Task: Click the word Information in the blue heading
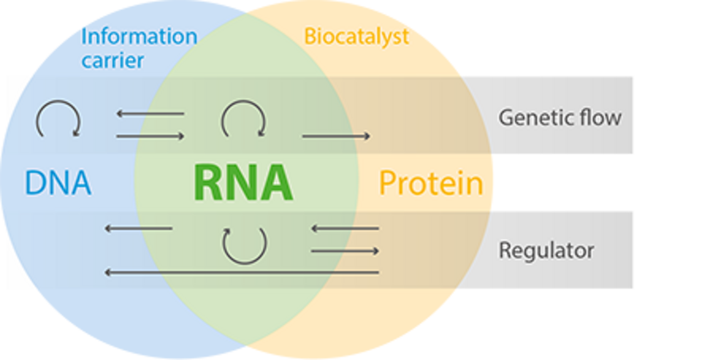[x=139, y=36]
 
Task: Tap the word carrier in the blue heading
[x=113, y=60]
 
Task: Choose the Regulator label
[x=546, y=251]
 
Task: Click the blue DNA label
[x=58, y=183]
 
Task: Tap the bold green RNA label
[x=244, y=183]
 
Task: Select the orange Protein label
[x=431, y=183]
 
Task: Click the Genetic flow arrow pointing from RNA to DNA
[x=150, y=114]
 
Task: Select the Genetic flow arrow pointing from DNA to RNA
[x=150, y=136]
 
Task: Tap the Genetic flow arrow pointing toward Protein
[x=336, y=136]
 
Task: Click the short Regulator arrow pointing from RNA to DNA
[x=139, y=228]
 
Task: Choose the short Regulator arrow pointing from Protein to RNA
[x=345, y=228]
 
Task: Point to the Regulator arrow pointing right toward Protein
[x=345, y=251]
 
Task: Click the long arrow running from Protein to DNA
[x=242, y=272]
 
